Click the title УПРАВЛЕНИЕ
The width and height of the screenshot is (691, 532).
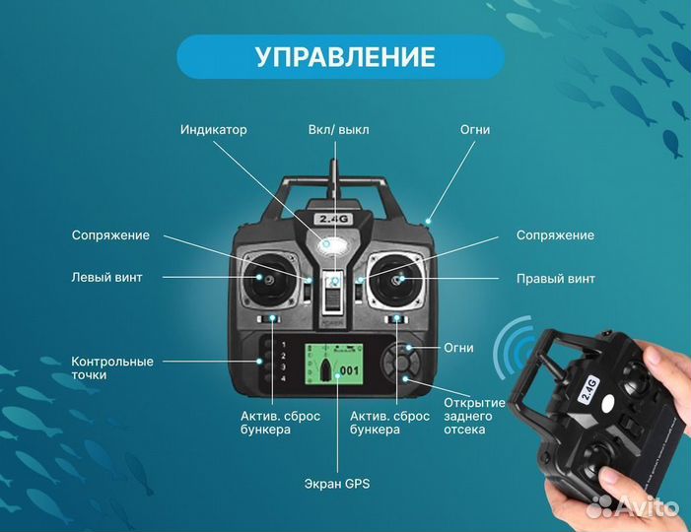[x=345, y=56]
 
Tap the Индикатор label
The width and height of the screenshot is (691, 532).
[x=214, y=130]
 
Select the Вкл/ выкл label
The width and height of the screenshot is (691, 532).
[x=339, y=130]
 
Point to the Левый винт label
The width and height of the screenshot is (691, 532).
[x=106, y=278]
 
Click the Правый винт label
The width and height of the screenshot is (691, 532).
[x=556, y=279]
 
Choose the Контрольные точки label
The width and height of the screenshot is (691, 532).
[x=112, y=368]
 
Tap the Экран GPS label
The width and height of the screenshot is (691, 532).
[x=336, y=484]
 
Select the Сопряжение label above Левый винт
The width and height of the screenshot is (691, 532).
[x=110, y=235]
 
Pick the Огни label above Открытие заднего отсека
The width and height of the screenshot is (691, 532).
[x=458, y=348]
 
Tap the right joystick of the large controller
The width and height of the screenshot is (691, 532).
[x=399, y=279]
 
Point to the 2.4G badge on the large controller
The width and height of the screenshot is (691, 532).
[x=327, y=219]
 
